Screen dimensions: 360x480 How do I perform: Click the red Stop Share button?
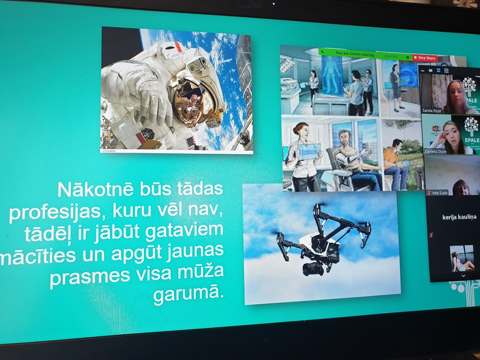click(x=425, y=58)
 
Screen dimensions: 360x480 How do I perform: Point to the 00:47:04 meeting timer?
click(x=390, y=56)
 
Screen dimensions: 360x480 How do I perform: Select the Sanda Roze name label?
click(x=432, y=110)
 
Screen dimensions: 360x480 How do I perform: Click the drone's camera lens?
click(x=313, y=269)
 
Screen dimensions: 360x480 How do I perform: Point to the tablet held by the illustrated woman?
click(x=308, y=151)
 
